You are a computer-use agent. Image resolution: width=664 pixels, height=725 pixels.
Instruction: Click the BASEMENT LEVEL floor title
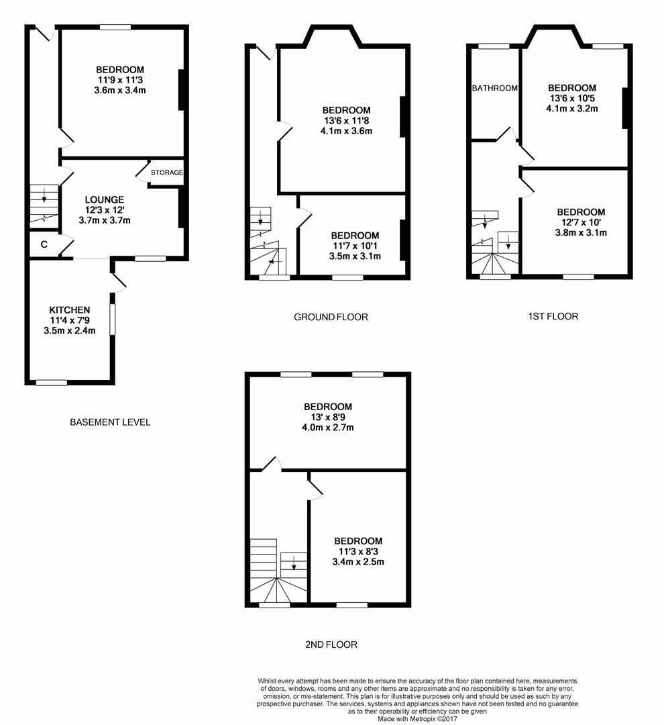110,422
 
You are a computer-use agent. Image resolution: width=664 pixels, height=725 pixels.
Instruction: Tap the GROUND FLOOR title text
331,317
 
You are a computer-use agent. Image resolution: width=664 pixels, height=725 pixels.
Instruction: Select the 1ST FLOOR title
553,316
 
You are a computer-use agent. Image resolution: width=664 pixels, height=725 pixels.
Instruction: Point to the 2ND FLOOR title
331,644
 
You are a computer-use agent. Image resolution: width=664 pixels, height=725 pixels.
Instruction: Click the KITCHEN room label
69,309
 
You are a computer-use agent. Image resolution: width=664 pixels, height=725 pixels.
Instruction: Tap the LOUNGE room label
104,199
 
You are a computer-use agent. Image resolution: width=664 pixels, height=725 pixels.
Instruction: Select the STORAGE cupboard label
166,173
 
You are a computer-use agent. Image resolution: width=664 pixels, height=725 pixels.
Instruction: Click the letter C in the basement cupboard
44,244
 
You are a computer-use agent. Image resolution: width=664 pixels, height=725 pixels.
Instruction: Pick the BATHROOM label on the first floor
494,88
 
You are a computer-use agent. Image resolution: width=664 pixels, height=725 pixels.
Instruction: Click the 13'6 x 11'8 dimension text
346,121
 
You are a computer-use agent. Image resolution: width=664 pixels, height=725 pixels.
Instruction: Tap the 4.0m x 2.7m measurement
328,428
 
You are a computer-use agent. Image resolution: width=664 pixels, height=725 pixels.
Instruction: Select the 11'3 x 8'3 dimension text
358,552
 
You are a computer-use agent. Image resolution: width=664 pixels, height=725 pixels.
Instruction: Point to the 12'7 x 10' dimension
581,222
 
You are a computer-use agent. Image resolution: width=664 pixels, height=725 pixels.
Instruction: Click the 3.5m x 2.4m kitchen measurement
69,330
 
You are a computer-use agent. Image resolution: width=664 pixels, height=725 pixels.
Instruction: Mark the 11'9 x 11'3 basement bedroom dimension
120,80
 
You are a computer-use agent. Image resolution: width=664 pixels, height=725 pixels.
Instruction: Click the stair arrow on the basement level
44,195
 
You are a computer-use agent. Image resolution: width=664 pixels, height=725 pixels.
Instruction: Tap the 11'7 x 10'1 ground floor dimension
355,246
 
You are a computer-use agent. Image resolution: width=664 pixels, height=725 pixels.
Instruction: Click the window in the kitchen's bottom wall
52,383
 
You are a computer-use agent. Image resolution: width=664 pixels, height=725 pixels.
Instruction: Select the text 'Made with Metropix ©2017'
419,718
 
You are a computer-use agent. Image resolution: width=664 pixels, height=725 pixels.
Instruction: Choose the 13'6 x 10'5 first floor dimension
572,98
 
